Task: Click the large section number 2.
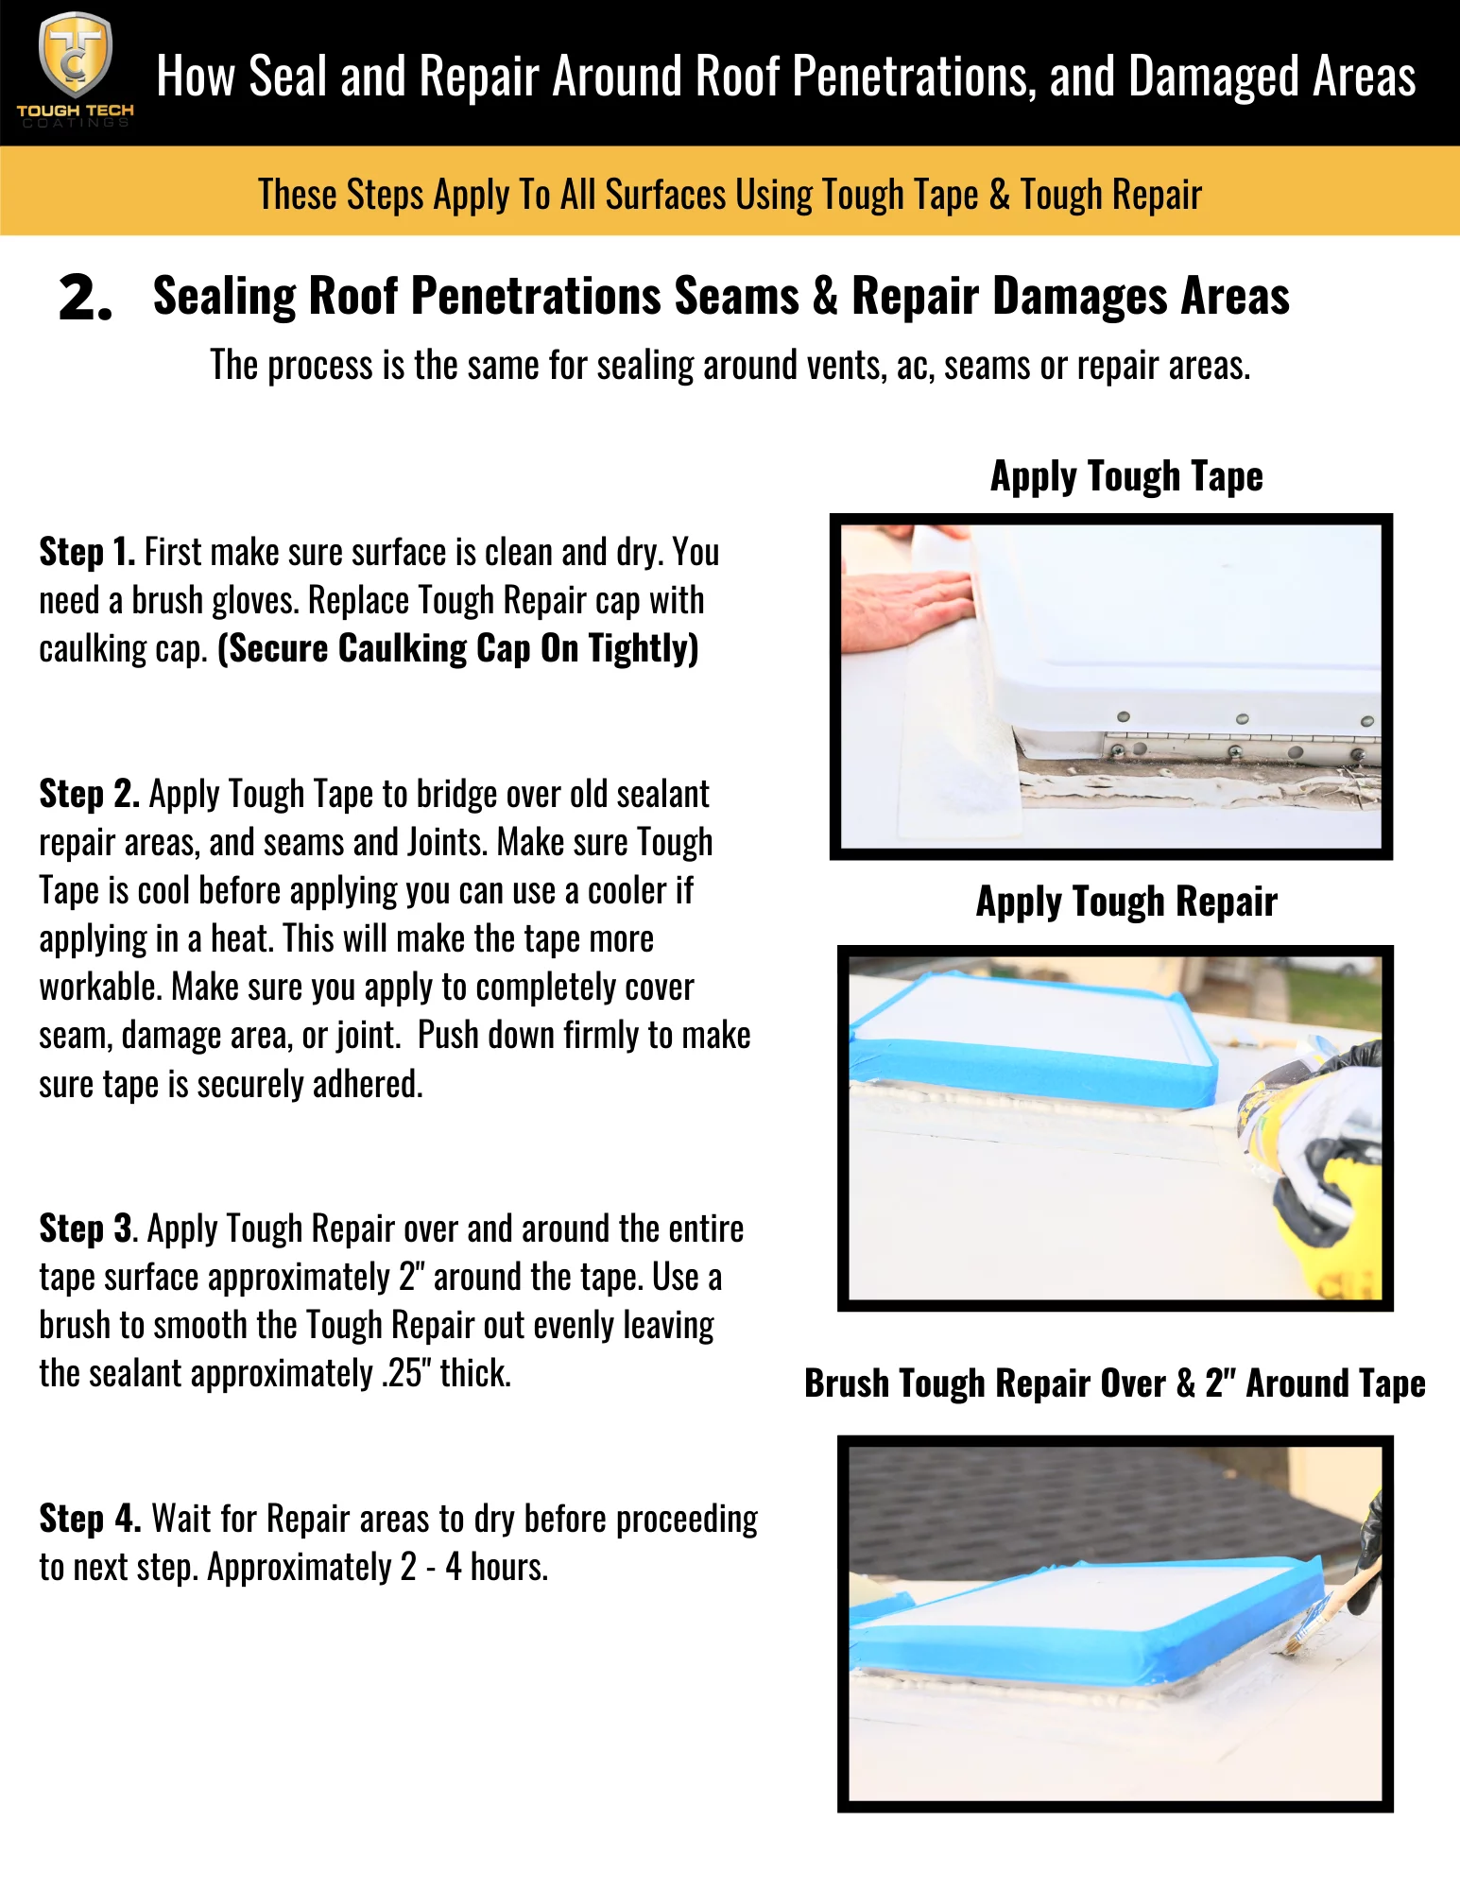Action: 85,299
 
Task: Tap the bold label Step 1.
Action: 87,552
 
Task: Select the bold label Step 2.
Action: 89,794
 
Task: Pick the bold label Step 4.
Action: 89,1519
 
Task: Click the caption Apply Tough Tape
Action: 1125,476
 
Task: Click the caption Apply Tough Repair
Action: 1125,902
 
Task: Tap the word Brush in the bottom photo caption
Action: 847,1383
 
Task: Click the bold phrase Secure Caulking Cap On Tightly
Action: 458,649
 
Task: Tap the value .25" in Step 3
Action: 406,1374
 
